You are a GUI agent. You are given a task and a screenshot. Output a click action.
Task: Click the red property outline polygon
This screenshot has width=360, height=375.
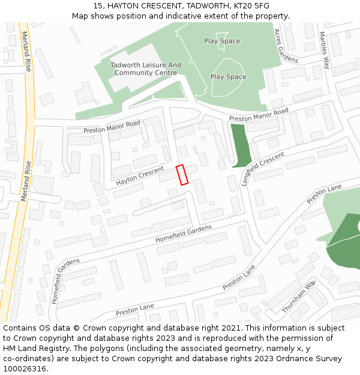[182, 174]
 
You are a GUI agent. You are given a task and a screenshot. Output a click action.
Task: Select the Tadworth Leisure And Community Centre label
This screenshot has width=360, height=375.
[146, 69]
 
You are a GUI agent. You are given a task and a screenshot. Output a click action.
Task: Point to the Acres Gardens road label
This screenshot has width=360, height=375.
[286, 46]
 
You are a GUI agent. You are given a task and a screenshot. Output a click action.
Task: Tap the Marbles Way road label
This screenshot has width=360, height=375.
[325, 51]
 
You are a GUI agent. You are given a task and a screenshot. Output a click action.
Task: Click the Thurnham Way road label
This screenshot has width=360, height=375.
[298, 296]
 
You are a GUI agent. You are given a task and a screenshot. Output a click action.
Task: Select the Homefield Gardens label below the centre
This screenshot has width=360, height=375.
[184, 233]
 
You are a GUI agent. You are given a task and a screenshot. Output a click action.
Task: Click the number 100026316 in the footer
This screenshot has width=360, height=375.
[25, 368]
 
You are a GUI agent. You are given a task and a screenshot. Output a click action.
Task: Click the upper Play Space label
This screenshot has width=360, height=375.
[222, 41]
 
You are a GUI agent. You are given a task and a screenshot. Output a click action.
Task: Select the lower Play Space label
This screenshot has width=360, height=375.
[228, 77]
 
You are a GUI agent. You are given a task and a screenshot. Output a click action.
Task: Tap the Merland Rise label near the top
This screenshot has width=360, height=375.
[25, 51]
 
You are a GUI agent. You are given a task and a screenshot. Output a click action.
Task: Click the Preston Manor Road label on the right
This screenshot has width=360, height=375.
[259, 115]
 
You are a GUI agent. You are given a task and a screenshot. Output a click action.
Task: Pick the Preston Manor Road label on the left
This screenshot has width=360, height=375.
[112, 127]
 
